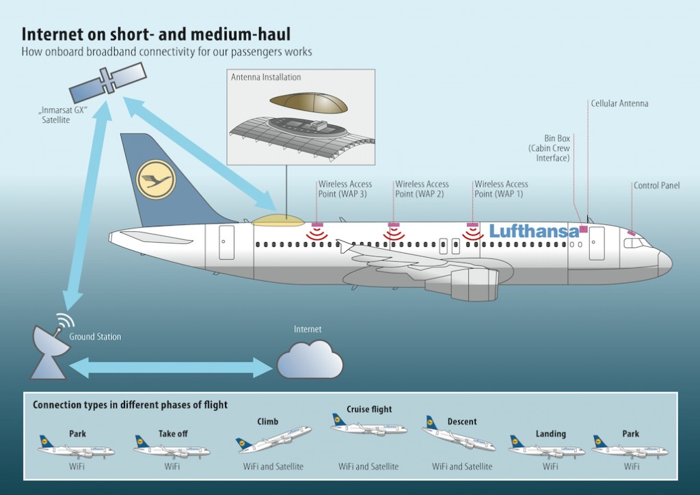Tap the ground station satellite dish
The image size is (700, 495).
pos(49,348)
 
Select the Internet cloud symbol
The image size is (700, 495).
pos(309,357)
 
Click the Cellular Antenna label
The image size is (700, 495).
pos(619,104)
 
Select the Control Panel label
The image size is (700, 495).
pos(656,185)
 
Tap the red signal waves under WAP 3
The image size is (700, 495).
pos(317,234)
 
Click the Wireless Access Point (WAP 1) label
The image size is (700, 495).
pos(501,189)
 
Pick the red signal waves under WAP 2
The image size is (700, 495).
pos(394,234)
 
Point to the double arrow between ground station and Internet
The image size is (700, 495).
pos(172,367)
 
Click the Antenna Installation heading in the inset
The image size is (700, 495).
pos(265,77)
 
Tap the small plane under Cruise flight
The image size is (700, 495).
pos(368,427)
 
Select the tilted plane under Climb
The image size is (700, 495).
pos(273,438)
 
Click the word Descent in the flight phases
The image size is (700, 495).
pos(462,422)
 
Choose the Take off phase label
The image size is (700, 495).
pos(172,433)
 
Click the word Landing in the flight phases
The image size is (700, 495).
pos(550,433)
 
